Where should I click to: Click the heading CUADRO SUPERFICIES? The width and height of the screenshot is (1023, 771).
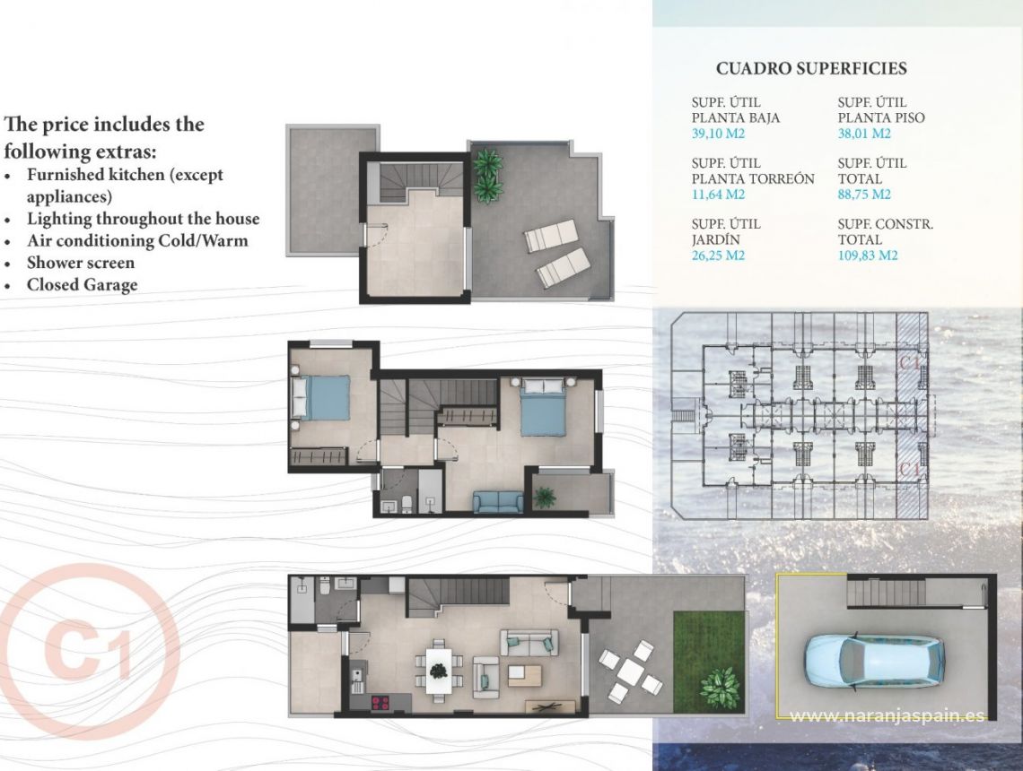click(811, 69)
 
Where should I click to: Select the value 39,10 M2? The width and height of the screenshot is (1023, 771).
click(718, 134)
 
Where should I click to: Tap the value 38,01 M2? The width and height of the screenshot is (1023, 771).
click(863, 134)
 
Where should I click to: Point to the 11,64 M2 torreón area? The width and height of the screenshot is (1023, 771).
click(718, 195)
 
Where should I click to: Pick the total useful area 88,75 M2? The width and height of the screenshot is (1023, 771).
click(863, 195)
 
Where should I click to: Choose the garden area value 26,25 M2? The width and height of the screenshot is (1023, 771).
click(718, 256)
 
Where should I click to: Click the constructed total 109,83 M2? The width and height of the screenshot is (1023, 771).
click(868, 256)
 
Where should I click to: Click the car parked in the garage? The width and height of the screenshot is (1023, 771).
click(874, 660)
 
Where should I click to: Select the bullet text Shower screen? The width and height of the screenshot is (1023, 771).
click(81, 263)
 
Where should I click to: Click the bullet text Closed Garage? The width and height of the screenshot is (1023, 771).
click(82, 285)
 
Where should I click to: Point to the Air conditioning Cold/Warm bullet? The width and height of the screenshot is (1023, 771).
click(137, 240)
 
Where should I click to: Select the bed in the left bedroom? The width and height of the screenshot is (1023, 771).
click(320, 397)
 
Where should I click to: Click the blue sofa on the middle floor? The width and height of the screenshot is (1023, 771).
click(497, 502)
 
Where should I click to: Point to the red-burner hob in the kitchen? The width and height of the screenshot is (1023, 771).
click(380, 702)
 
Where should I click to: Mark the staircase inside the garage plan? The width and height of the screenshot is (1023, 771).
click(886, 593)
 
